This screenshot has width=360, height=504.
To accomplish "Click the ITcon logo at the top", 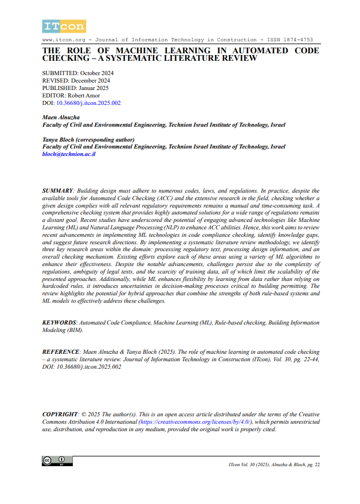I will pyautogui.click(x=64, y=26).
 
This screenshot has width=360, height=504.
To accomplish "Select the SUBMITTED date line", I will pyautogui.click(x=78, y=73).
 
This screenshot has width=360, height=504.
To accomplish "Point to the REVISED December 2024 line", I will pyautogui.click(x=76, y=81).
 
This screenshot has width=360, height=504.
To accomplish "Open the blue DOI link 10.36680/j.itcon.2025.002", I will pyautogui.click(x=88, y=103).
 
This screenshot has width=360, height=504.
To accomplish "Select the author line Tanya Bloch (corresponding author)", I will pyautogui.click(x=88, y=139).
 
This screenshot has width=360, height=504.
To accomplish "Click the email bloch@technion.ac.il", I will pyautogui.click(x=69, y=154).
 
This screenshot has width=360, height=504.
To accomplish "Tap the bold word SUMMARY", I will pyautogui.click(x=58, y=190).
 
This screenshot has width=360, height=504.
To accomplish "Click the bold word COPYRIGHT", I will pyautogui.click(x=61, y=414).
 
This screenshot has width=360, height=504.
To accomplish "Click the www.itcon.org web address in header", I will pyautogui.click(x=63, y=40).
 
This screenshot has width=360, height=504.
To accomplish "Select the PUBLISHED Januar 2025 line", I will pyautogui.click(x=75, y=88).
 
